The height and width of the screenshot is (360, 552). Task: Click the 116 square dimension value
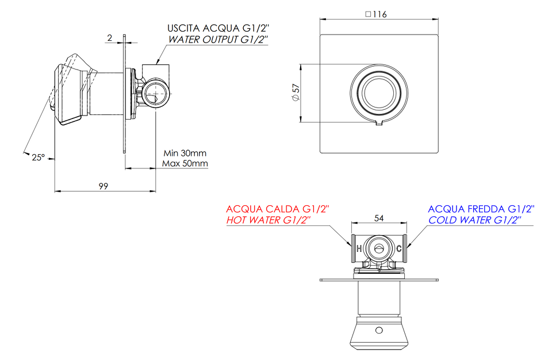point(380,14)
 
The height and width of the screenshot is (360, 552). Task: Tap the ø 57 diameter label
point(296,93)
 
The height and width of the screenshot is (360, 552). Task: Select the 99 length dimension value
point(103,186)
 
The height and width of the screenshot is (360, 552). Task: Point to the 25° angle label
point(39,158)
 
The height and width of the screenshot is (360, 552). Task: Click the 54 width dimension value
point(379,219)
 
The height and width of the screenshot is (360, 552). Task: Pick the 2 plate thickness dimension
point(110,38)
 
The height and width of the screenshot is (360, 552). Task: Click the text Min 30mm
point(185,153)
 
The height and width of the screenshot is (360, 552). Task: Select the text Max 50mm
point(185,163)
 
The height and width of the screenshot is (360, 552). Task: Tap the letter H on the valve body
point(359,248)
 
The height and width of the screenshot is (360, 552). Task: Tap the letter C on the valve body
point(399,248)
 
